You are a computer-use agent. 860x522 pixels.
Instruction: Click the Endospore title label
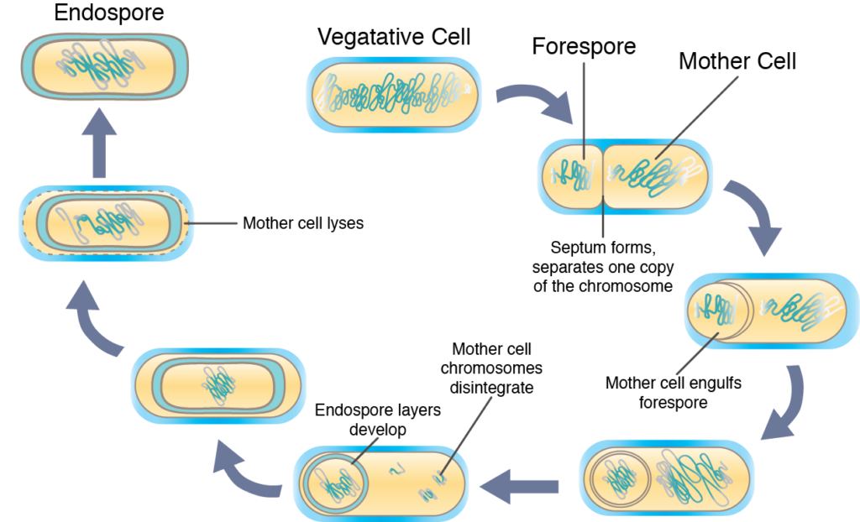click(x=108, y=13)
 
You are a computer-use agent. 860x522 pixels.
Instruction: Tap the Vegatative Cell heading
click(x=394, y=37)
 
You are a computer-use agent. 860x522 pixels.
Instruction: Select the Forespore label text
click(x=584, y=46)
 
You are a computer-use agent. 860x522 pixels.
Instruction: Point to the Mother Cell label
click(x=737, y=61)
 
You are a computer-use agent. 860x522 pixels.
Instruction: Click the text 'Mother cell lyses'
click(x=302, y=223)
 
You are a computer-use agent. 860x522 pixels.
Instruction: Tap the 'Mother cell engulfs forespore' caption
click(x=673, y=392)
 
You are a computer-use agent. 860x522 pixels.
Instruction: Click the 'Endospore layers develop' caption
click(x=377, y=420)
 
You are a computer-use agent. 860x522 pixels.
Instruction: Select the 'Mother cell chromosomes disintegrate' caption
click(x=491, y=368)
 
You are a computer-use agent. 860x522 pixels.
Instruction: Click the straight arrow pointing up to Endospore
click(x=99, y=143)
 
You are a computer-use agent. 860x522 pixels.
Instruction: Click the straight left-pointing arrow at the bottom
click(x=519, y=487)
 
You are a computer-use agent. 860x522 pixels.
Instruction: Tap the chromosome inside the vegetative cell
click(x=396, y=94)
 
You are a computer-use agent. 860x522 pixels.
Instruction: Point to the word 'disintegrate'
click(x=491, y=387)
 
